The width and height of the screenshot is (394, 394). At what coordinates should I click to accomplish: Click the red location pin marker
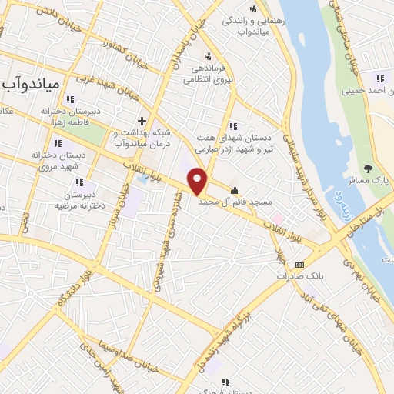(199, 182)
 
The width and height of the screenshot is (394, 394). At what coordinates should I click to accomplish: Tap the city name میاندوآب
(37, 83)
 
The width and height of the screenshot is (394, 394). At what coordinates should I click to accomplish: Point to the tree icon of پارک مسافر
(369, 169)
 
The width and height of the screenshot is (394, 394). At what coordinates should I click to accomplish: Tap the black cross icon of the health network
(142, 121)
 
